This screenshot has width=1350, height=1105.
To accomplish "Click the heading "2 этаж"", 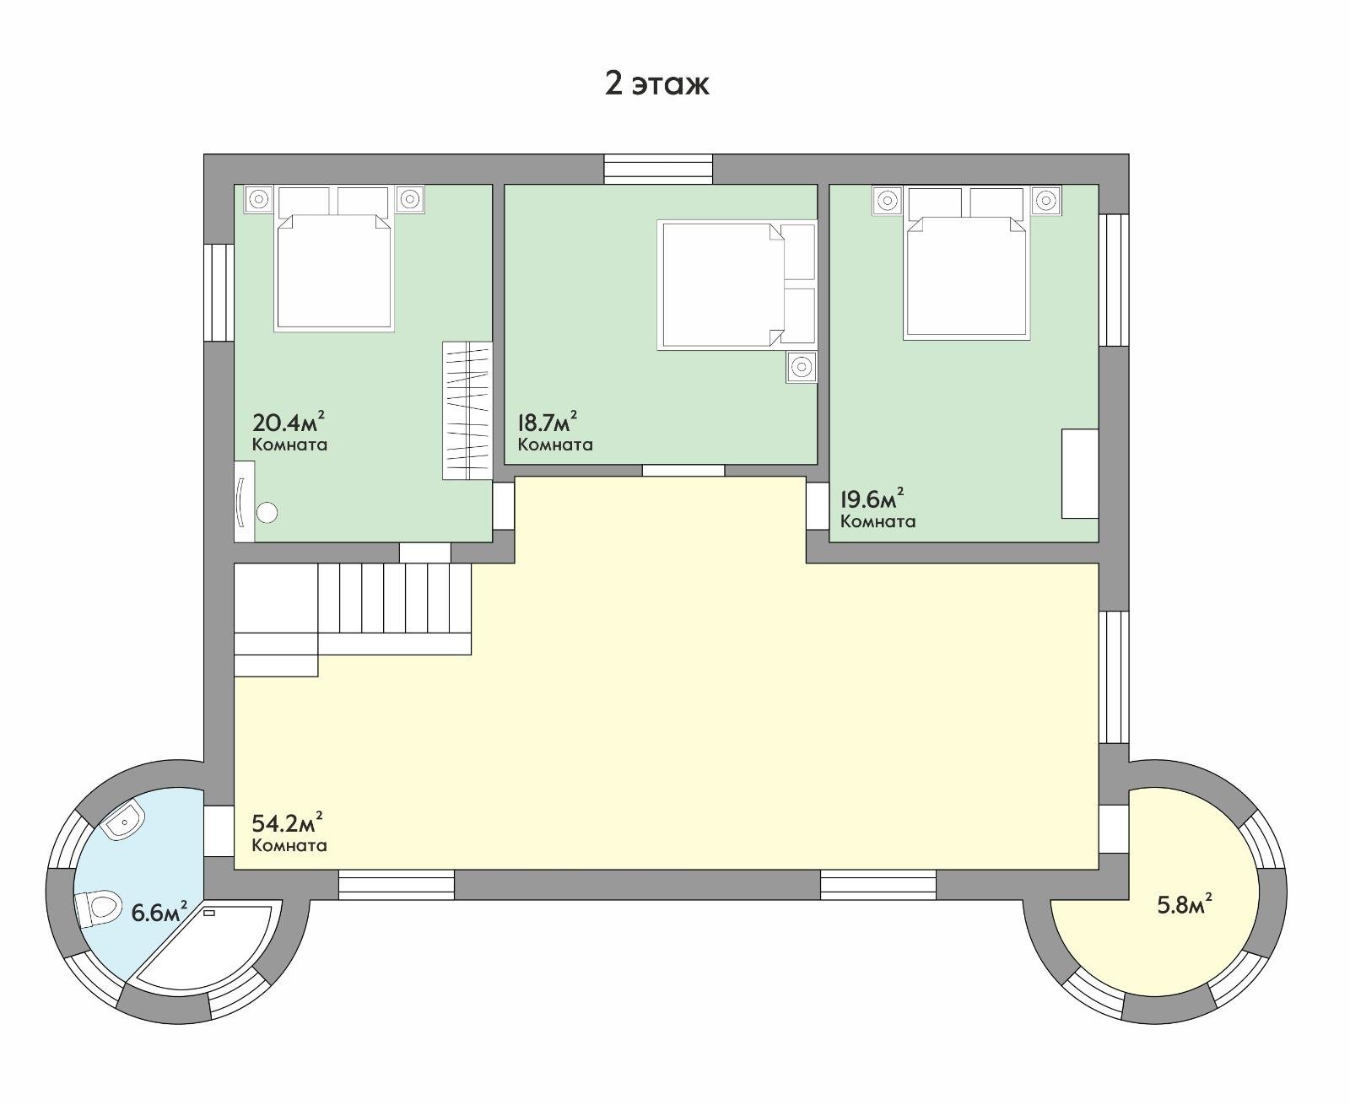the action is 656,84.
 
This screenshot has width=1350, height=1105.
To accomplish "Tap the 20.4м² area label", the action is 288,422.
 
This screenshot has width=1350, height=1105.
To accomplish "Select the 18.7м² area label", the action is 548,422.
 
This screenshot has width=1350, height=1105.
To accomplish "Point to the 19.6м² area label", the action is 872,499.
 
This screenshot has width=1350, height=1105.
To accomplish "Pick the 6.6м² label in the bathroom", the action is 159,912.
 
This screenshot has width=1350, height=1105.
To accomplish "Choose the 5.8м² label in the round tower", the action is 1185,905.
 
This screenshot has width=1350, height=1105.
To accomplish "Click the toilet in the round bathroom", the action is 98,908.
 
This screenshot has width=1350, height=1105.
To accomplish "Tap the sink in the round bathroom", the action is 124,819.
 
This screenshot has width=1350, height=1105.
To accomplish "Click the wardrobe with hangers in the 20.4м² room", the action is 467,411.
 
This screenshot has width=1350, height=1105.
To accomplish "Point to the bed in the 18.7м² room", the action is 736,285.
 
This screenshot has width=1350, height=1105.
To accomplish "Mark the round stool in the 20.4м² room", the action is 267,513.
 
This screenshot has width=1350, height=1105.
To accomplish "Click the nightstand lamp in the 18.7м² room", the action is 802,367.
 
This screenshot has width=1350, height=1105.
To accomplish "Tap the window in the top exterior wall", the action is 659,169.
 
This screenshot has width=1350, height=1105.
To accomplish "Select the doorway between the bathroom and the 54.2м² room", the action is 219,831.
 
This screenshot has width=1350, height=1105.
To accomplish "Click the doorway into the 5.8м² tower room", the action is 1114,828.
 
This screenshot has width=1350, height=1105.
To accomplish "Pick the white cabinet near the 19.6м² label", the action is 1081,473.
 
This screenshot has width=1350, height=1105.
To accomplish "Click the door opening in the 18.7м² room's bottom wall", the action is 683,471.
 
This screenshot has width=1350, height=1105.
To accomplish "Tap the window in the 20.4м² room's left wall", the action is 219,293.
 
